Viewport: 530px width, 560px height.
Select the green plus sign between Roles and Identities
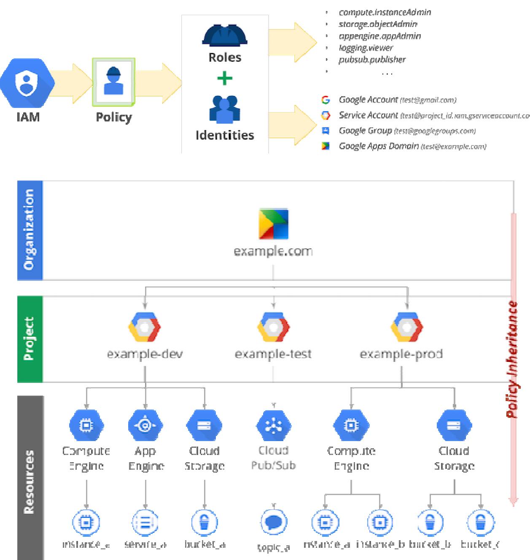coord(225,78)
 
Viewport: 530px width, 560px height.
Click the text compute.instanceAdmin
coord(385,12)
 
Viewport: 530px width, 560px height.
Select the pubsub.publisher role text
coord(372,59)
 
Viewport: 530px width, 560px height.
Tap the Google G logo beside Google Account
coord(326,100)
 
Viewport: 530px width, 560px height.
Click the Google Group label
coord(365,131)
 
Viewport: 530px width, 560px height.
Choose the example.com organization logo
coord(273,223)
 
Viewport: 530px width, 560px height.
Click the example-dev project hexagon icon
coord(145,327)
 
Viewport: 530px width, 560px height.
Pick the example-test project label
coord(273,353)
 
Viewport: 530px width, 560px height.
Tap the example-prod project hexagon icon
coord(406,327)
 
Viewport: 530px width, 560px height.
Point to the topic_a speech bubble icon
coord(274,523)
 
